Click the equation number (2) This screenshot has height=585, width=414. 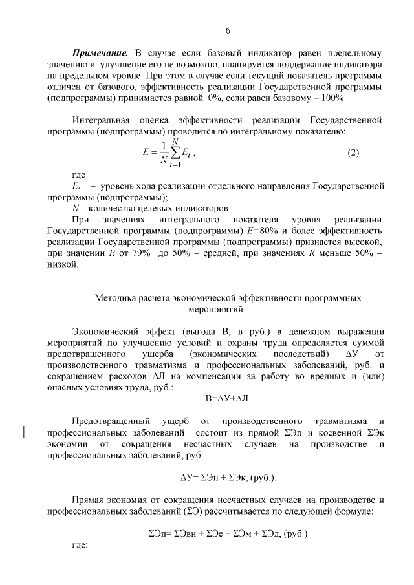click(353, 153)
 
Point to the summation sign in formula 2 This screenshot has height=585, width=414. click(174, 153)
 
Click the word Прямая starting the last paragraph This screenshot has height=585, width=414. click(88, 500)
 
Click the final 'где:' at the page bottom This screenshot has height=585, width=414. click(79, 545)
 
